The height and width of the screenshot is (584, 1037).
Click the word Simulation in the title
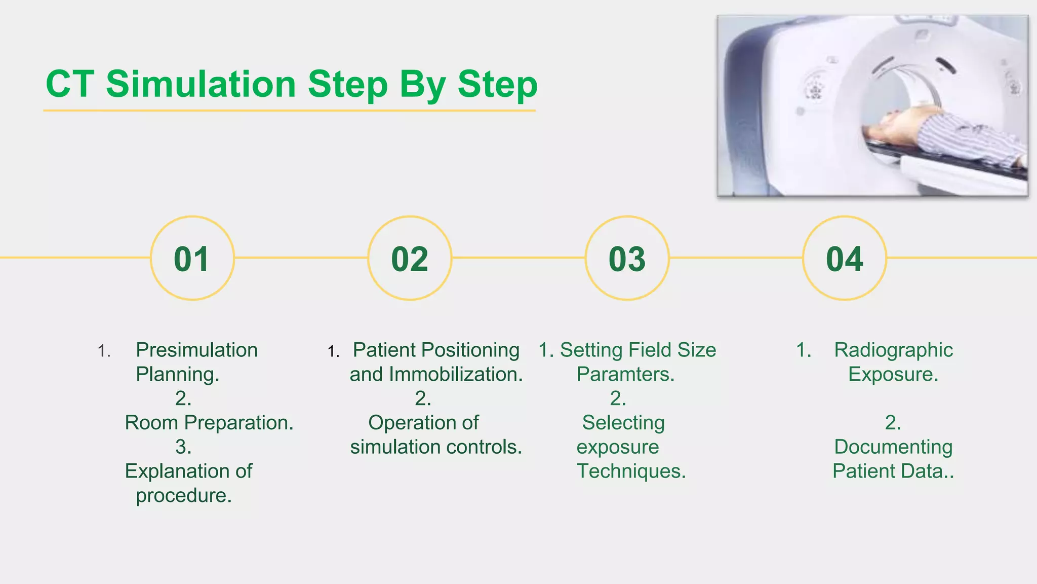201,84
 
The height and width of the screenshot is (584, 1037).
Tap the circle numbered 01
192,259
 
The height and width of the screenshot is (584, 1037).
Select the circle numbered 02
410,259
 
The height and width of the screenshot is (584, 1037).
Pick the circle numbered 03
627,259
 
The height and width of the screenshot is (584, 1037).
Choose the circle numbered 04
845,259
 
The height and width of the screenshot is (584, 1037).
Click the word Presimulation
196,350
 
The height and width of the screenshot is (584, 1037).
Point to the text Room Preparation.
209,423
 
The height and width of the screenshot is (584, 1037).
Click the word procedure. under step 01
183,496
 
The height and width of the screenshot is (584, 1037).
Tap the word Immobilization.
456,375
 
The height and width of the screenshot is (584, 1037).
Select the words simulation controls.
435,447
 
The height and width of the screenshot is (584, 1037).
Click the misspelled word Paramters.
625,375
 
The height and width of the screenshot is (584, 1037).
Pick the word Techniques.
631,471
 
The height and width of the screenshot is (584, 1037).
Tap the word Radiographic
893,350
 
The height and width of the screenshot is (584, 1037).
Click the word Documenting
893,447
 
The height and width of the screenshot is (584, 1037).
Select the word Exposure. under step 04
893,375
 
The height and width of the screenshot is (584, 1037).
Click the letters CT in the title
69,84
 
